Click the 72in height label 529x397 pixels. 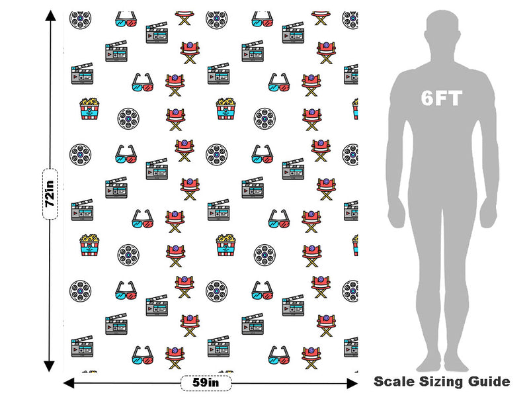[x=50, y=194]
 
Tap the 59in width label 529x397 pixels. [x=206, y=383]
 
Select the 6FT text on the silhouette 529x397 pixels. [x=441, y=98]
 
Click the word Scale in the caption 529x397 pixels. [x=394, y=382]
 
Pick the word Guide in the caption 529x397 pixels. [x=488, y=382]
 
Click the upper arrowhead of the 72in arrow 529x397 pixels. [x=51, y=15]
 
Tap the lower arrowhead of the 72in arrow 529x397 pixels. [x=50, y=367]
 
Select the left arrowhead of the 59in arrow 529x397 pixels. [x=69, y=383]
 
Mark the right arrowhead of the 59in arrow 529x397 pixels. [x=352, y=383]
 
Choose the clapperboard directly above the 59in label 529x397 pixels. [x=218, y=346]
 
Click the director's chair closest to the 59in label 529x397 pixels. [x=175, y=357]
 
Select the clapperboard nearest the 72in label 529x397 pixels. [x=82, y=210]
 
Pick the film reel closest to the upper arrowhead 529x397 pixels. [x=80, y=19]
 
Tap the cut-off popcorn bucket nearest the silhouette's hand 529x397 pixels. [x=355, y=245]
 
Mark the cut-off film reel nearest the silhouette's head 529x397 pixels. [x=350, y=20]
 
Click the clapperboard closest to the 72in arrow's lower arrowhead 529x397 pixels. [x=82, y=346]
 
